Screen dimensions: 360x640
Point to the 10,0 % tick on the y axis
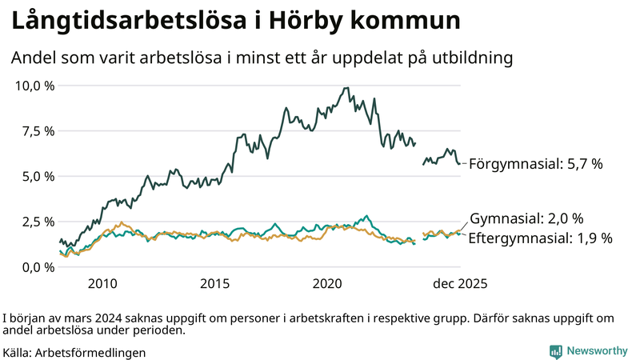point(34,86)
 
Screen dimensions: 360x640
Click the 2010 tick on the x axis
point(102,284)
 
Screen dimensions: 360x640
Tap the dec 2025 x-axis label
point(460,284)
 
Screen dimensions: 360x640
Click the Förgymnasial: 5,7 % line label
point(535,164)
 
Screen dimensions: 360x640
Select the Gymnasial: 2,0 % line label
point(526,218)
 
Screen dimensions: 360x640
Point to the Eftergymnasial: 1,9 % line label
point(540,238)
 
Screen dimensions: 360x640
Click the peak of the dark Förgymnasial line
point(346,88)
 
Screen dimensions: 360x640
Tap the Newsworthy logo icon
point(555,351)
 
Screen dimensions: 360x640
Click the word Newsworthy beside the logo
point(597,351)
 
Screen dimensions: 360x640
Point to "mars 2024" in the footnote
point(81,318)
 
